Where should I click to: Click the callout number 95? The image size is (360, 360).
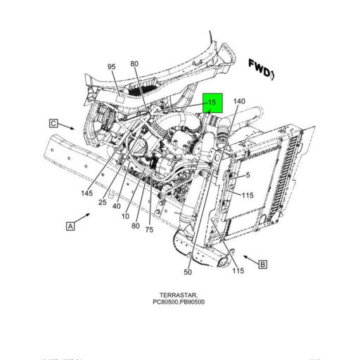111,67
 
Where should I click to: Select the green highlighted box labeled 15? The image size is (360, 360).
212,104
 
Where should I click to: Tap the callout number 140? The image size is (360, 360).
238,102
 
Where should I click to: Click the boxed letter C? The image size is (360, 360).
53,123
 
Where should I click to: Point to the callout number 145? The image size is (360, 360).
86,193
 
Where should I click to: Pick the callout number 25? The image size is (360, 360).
103,202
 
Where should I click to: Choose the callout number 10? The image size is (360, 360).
125,216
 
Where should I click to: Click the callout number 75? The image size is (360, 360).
149,229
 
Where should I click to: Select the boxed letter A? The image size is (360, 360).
70,226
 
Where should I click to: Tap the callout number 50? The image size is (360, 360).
188,272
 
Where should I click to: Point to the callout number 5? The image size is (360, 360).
247,175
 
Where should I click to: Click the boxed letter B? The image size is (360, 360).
262,264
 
